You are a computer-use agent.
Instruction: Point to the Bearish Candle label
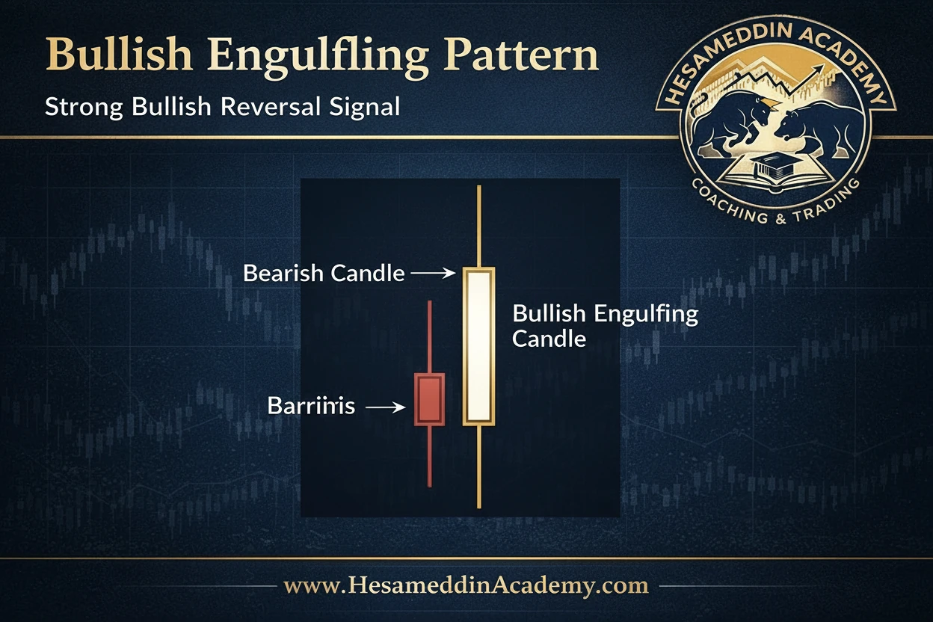(x=324, y=274)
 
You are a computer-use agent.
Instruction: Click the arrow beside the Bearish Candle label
(x=433, y=274)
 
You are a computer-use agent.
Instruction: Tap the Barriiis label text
(x=311, y=407)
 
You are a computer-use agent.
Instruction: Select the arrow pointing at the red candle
(x=387, y=407)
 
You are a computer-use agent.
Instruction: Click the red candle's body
(x=429, y=399)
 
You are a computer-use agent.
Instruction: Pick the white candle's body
(x=478, y=345)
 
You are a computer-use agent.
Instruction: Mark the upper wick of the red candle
(x=429, y=336)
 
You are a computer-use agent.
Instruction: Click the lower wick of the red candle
(x=429, y=456)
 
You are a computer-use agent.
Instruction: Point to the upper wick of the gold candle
(x=478, y=224)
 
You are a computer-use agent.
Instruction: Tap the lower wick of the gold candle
(x=478, y=467)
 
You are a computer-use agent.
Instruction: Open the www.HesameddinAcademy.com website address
(x=466, y=585)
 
